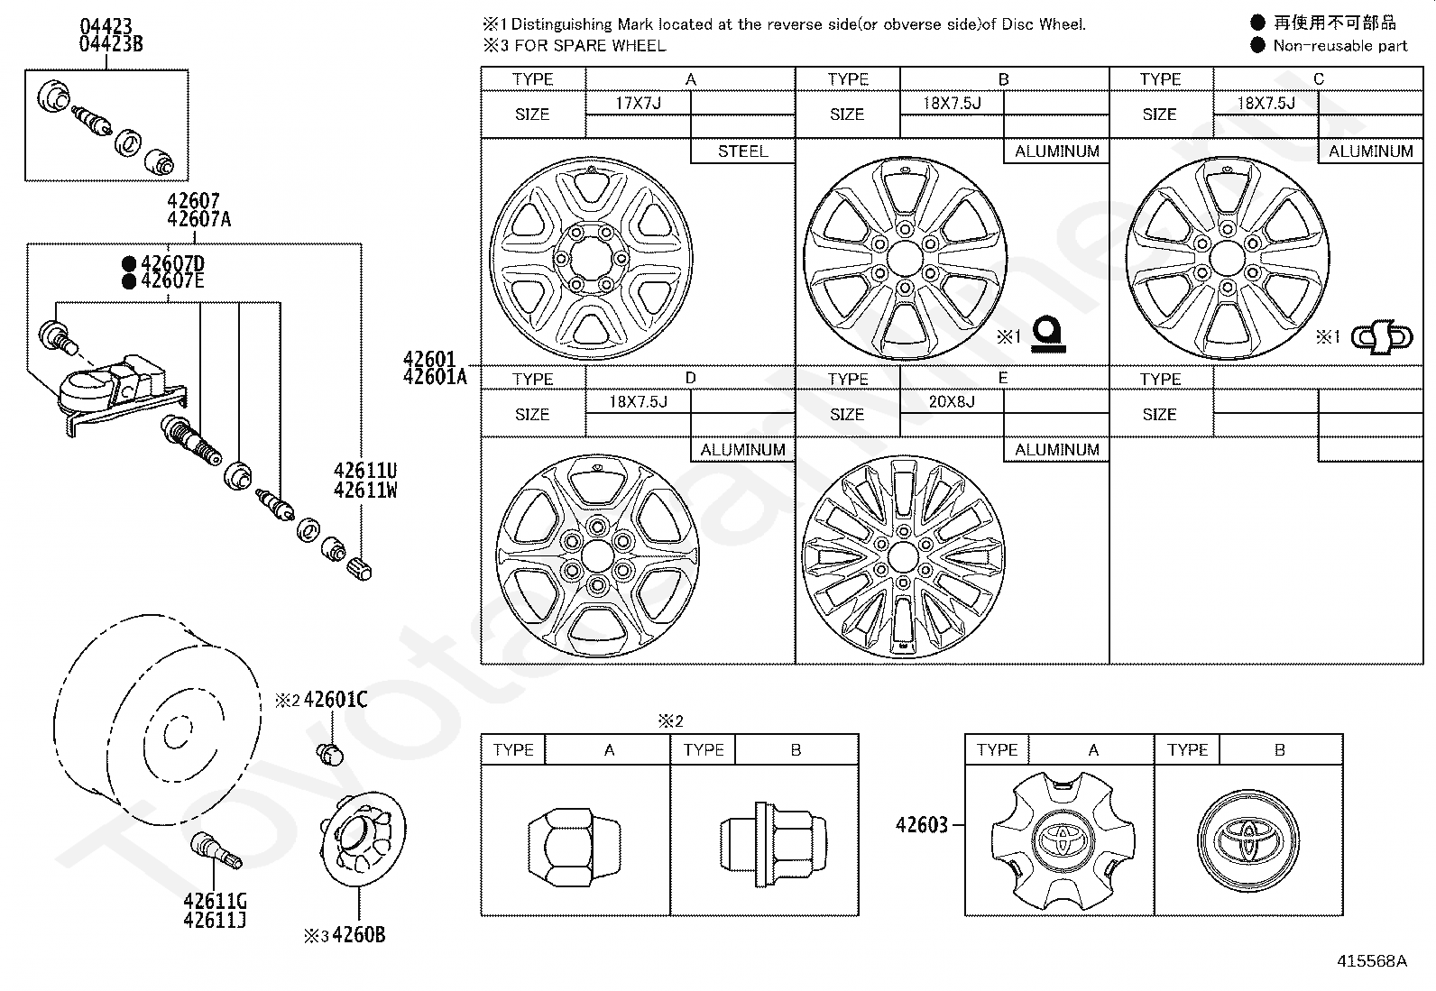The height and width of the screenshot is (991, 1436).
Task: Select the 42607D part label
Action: point(173,264)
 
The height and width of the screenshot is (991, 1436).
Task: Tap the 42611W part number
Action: point(365,491)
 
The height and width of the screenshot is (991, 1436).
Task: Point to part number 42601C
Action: point(336,700)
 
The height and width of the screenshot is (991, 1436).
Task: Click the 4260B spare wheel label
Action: point(358,935)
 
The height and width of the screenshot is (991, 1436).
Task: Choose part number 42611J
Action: point(215,921)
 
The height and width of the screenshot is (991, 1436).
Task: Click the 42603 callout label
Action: point(921,824)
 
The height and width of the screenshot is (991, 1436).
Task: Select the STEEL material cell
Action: point(742,151)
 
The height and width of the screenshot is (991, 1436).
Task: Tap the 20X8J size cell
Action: point(952,402)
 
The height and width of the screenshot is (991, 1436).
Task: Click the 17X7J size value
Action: point(638,103)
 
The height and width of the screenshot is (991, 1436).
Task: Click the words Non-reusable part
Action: point(1340,45)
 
